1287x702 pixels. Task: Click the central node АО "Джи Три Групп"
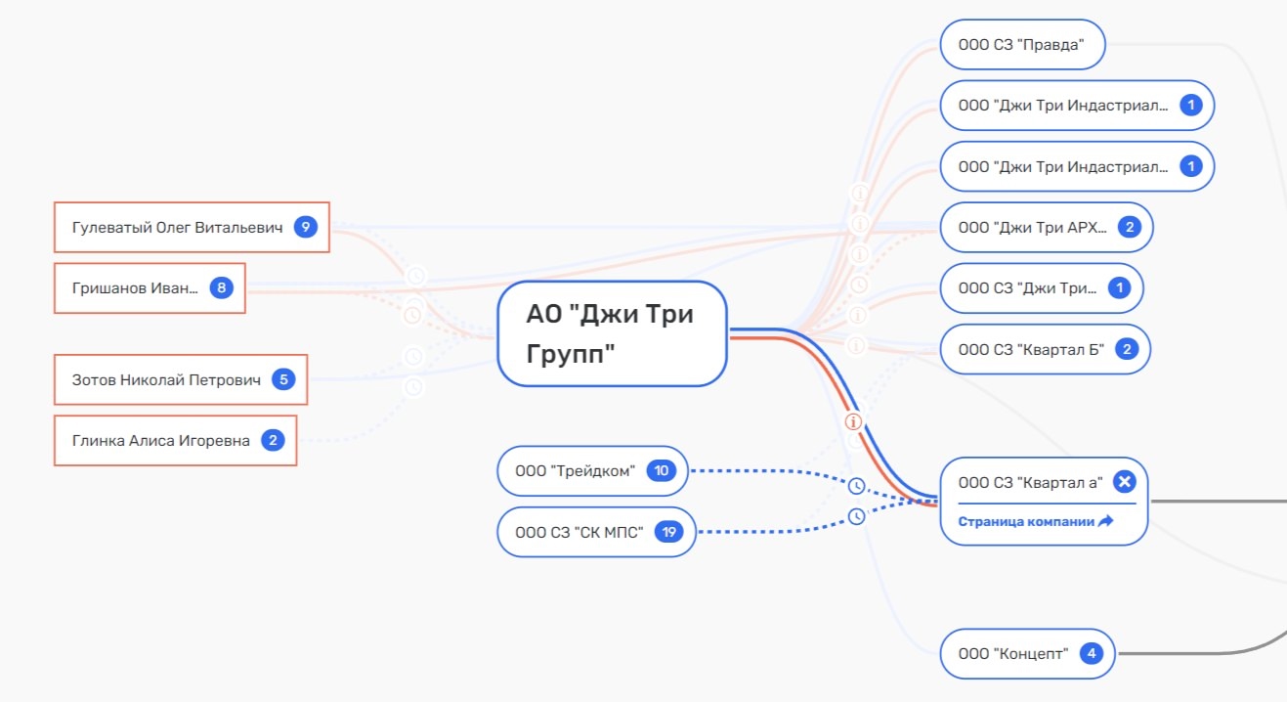[x=612, y=333]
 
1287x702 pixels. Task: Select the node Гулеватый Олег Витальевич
[x=192, y=227]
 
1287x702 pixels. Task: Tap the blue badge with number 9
[x=306, y=227]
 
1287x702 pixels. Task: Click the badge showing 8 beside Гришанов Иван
[x=221, y=287]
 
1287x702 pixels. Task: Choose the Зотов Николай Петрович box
[x=181, y=379]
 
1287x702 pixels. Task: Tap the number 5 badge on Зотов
[x=283, y=379]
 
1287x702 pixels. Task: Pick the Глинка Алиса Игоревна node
[x=175, y=440]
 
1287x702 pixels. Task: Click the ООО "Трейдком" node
[x=592, y=471]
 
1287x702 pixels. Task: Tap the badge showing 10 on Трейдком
[x=661, y=471]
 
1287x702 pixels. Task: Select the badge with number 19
[x=668, y=532]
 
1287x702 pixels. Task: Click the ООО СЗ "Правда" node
[x=1023, y=44]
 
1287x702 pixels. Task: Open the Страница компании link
[x=1035, y=521]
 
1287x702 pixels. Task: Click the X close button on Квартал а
[x=1125, y=481]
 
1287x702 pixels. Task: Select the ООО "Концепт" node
[x=1027, y=654]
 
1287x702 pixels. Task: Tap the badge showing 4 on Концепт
[x=1092, y=654]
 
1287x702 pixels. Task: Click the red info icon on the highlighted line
[x=853, y=421]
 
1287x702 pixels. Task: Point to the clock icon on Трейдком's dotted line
[x=856, y=486]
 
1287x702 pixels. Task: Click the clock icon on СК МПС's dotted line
[x=856, y=516]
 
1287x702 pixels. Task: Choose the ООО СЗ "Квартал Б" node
[x=1045, y=349]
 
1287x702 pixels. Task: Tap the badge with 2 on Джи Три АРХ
[x=1130, y=227]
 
